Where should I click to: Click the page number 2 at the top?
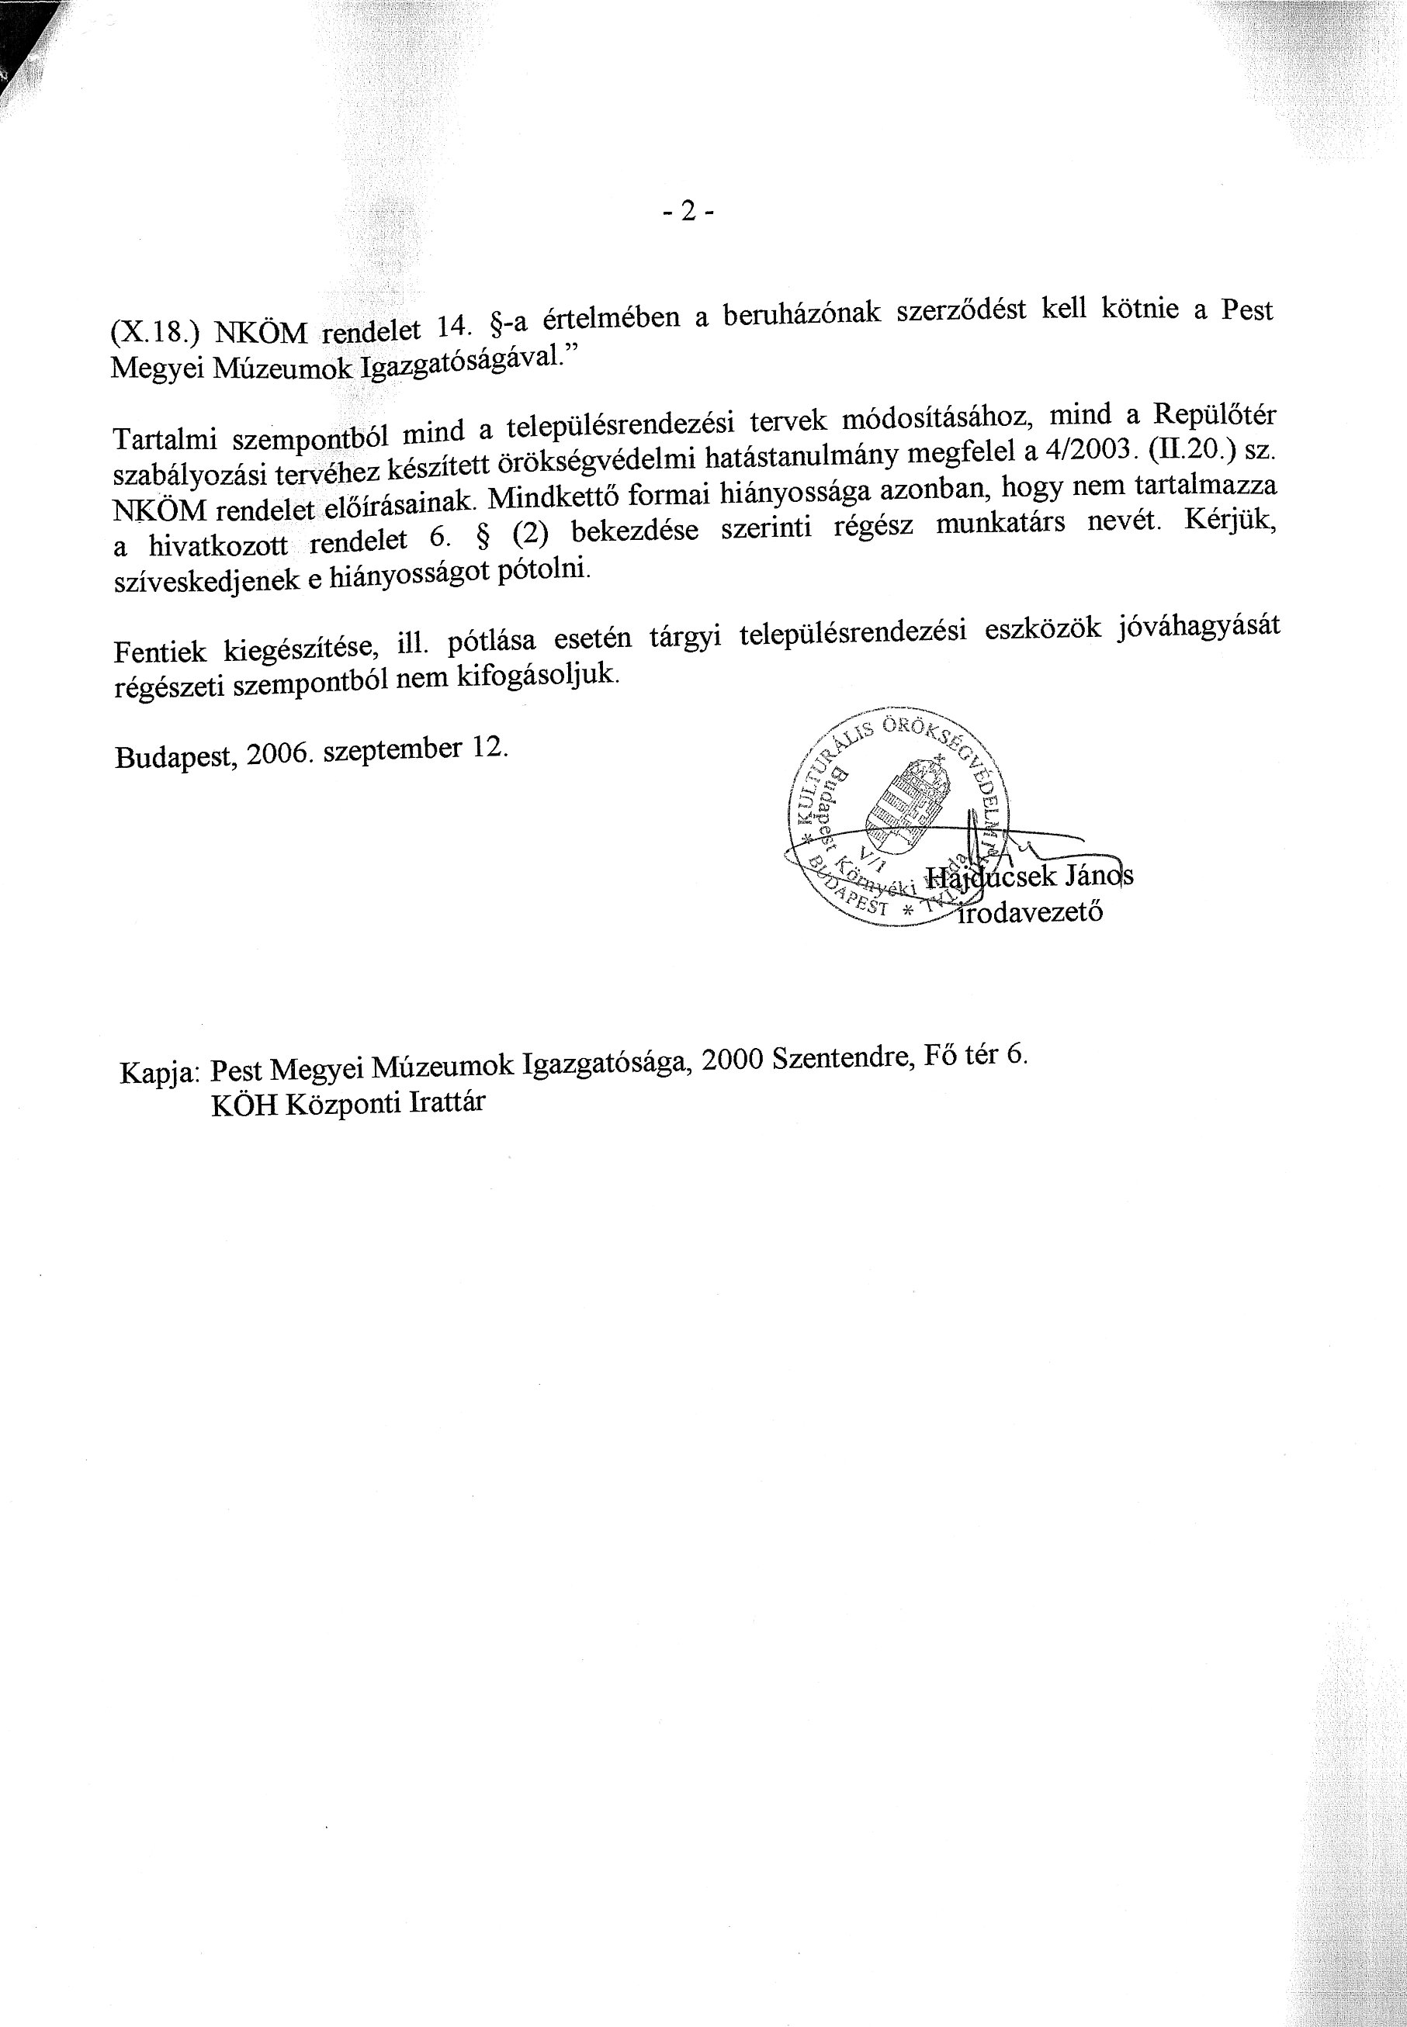pyautogui.click(x=688, y=212)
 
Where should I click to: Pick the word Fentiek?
pyautogui.click(x=160, y=652)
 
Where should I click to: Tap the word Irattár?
pyautogui.click(x=447, y=1102)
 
